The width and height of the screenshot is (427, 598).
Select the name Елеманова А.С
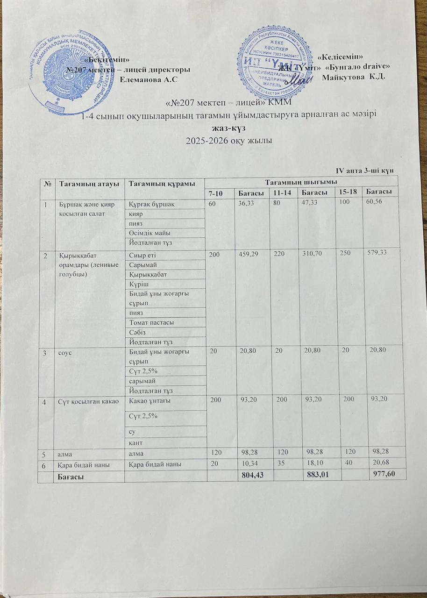[149, 79]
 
